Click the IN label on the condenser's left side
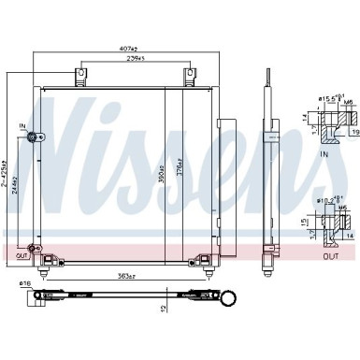22,124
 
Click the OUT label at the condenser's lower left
21,254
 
